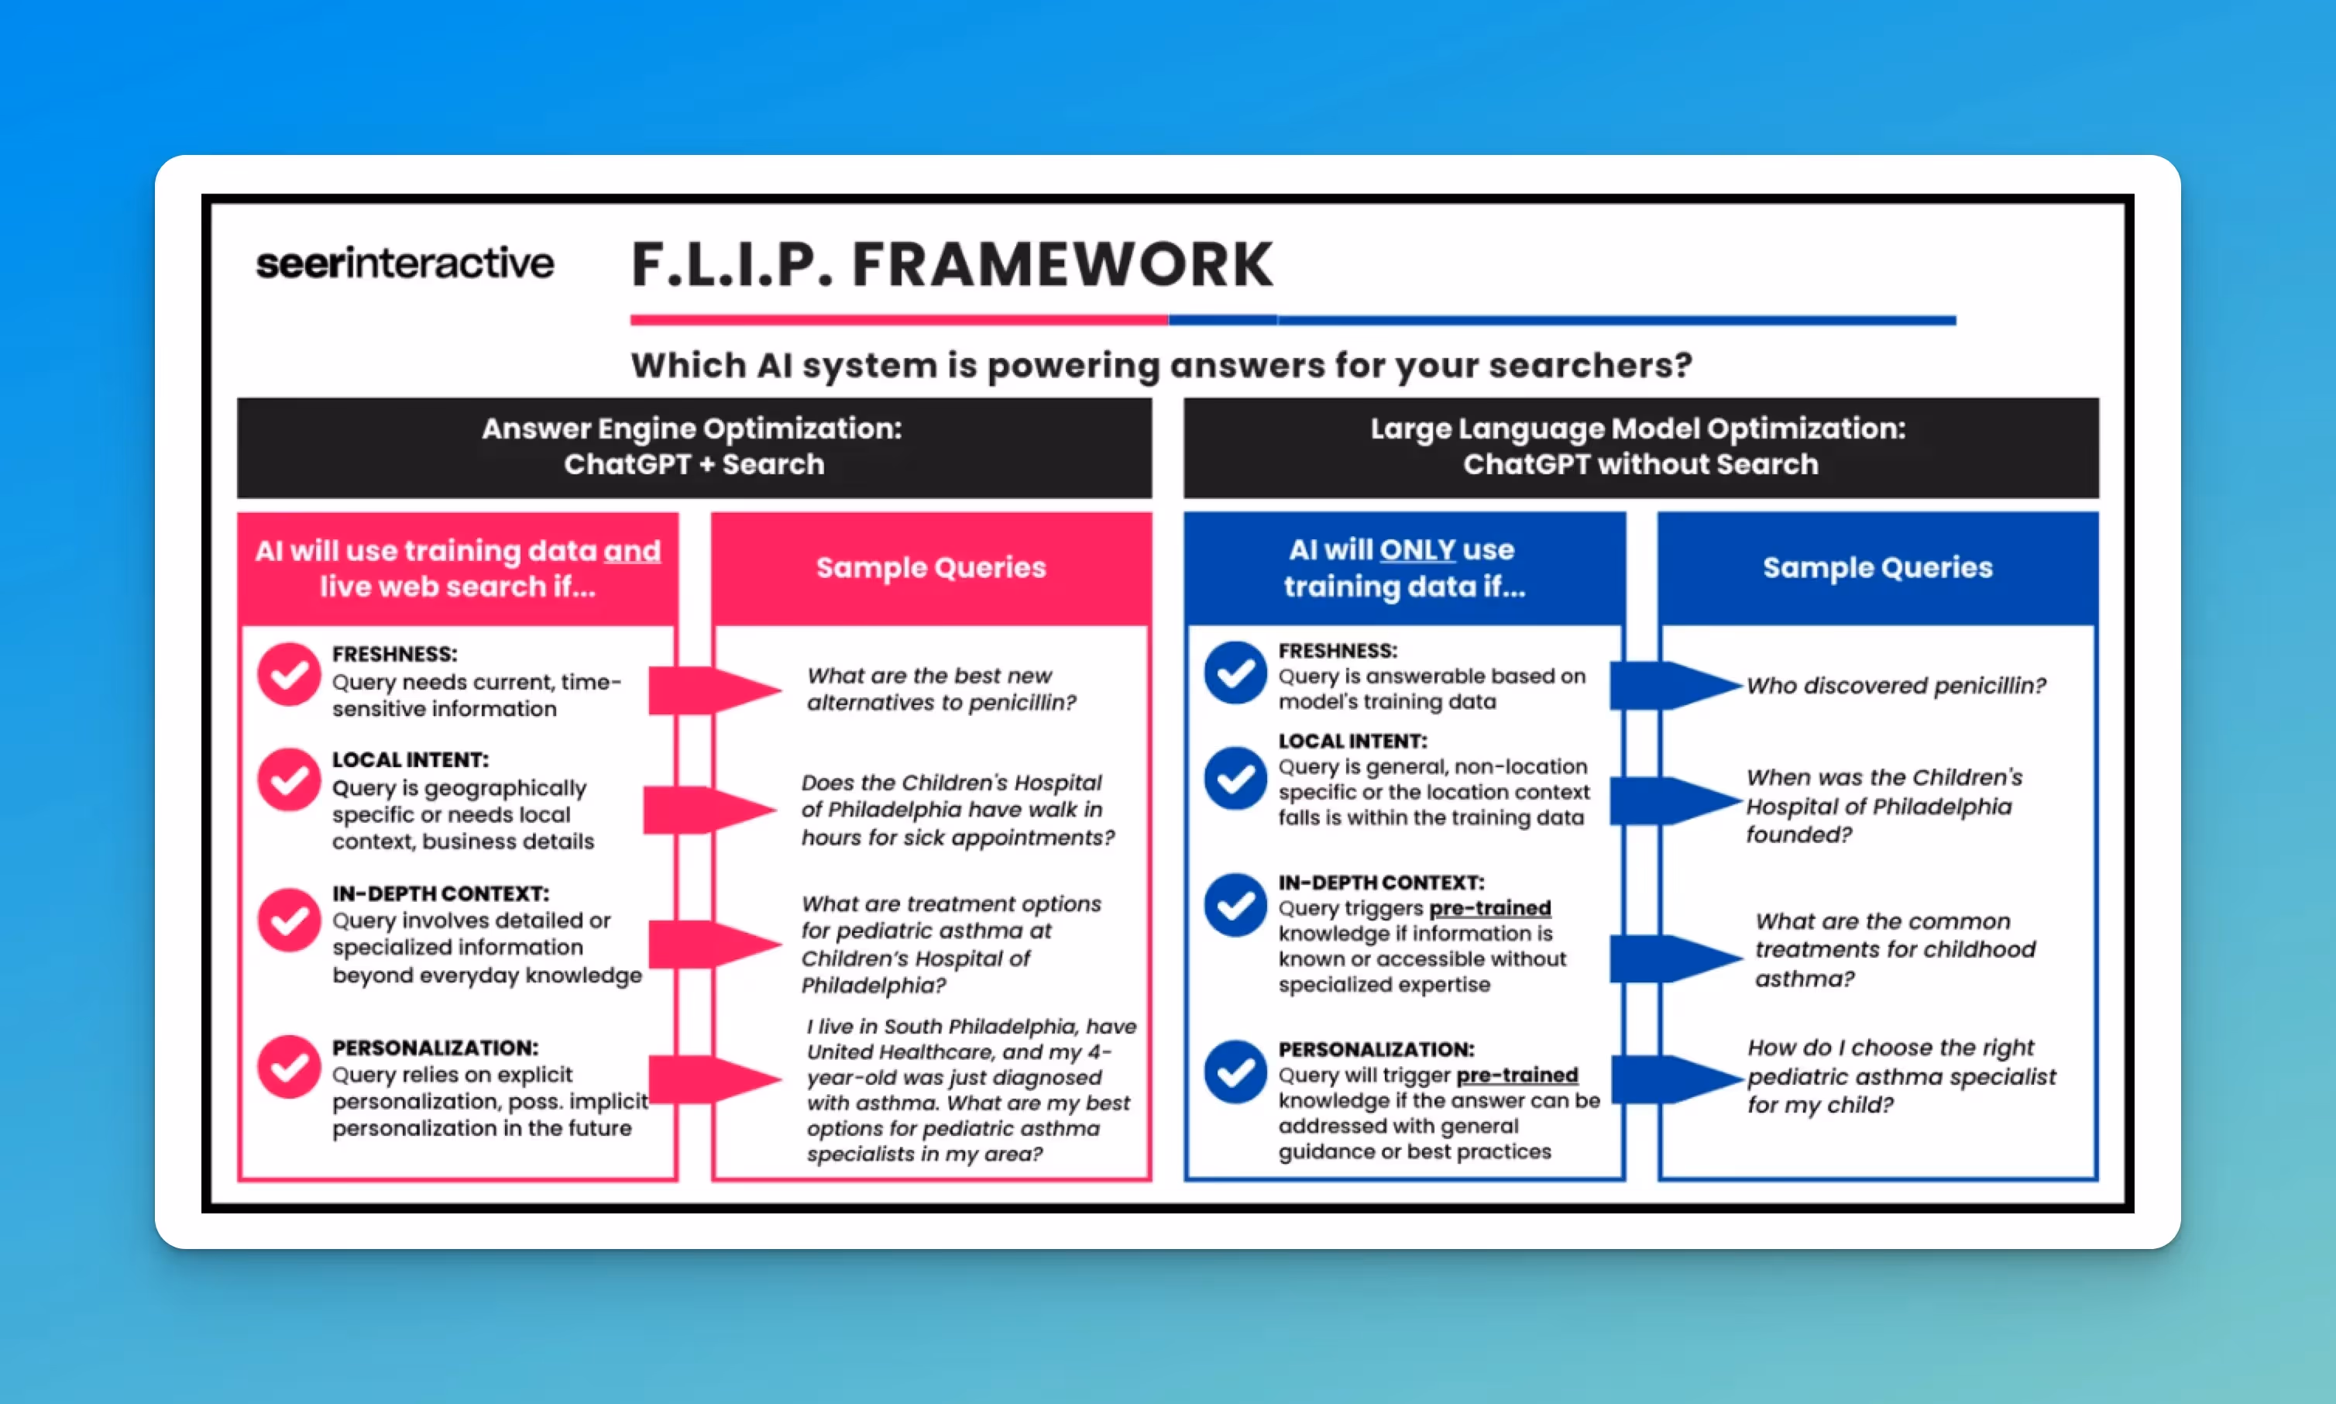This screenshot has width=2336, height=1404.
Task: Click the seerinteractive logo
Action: (x=405, y=263)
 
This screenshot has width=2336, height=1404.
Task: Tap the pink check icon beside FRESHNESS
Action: (x=288, y=675)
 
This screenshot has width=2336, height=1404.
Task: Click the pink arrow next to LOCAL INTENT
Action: (x=709, y=810)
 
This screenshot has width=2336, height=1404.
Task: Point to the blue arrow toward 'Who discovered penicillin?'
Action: (x=1674, y=685)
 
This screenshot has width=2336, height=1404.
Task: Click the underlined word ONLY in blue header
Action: (x=1417, y=549)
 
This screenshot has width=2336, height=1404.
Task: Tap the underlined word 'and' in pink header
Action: (x=632, y=551)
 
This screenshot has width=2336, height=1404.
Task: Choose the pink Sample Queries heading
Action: (x=931, y=568)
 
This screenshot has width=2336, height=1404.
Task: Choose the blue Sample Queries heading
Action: (x=1877, y=568)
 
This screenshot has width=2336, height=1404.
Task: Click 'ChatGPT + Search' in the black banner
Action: (x=694, y=465)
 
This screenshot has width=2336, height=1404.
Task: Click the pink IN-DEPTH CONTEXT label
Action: (x=440, y=893)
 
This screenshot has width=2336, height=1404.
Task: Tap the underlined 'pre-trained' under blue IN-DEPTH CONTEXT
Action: (x=1489, y=908)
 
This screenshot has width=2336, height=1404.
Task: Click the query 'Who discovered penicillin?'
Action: (x=1895, y=686)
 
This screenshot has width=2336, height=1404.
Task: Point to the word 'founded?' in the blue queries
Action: (x=1798, y=834)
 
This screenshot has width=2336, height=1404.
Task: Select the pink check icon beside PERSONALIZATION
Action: (x=288, y=1066)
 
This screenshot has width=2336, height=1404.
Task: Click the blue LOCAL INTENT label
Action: (x=1352, y=741)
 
